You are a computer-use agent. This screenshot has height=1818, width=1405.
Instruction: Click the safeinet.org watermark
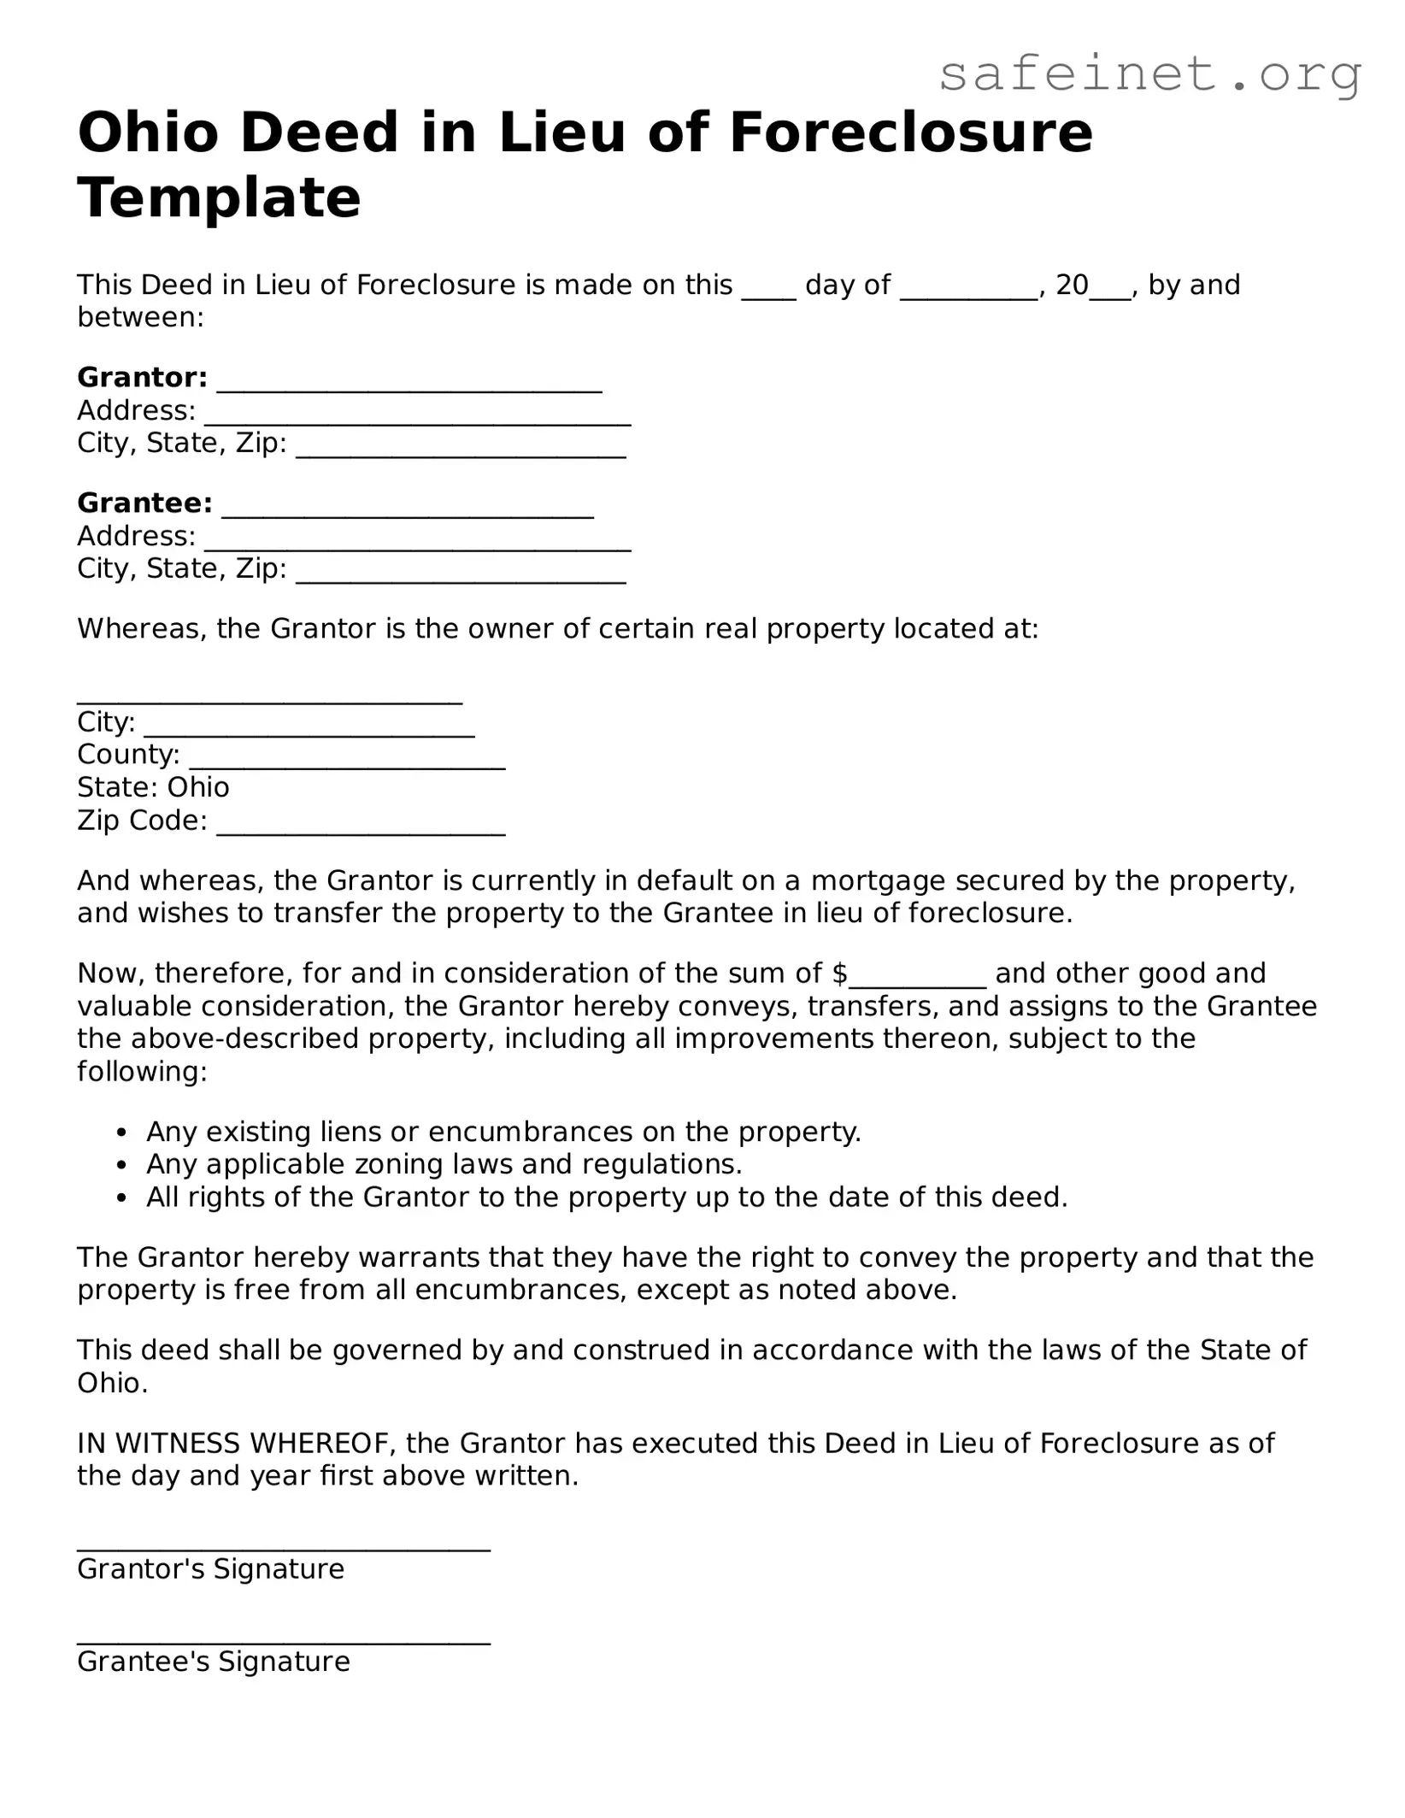(1149, 74)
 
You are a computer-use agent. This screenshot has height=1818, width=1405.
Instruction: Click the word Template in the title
(219, 197)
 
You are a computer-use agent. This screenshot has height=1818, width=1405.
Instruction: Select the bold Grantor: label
(142, 377)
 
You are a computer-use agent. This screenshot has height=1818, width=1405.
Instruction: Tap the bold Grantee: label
(144, 503)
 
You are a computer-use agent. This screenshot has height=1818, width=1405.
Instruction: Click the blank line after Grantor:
(409, 385)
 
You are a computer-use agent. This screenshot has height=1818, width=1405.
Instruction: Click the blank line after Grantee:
(408, 510)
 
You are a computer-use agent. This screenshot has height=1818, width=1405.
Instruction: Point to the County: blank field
(347, 762)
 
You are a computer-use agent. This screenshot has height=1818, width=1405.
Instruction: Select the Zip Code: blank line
(361, 827)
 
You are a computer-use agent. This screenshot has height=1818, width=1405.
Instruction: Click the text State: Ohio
(153, 786)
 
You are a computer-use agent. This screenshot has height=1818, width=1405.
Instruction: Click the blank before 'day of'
(768, 291)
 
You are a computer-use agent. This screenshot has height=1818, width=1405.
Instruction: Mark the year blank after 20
(1110, 291)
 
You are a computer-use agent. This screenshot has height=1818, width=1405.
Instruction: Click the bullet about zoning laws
(444, 1163)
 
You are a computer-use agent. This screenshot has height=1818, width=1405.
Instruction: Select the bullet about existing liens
(503, 1131)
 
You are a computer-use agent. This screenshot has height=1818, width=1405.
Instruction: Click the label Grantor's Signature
(210, 1568)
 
